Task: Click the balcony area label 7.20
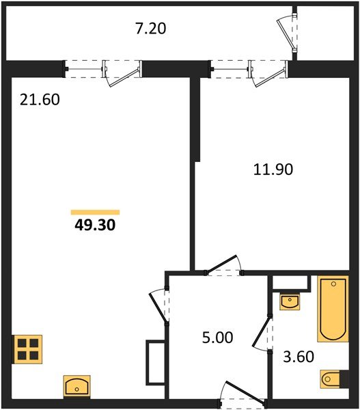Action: (150, 29)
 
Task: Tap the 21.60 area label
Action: (40, 100)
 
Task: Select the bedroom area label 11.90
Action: (273, 169)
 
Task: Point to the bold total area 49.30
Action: (95, 225)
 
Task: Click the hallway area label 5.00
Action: (217, 338)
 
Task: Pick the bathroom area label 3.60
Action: (299, 357)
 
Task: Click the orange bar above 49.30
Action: (95, 212)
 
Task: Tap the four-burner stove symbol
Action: (28, 349)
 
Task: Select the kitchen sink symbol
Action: (77, 385)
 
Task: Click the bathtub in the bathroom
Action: (333, 309)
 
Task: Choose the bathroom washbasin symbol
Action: (290, 301)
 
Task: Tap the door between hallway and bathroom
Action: (262, 332)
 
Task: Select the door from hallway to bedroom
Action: (224, 264)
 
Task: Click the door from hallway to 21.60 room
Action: (158, 306)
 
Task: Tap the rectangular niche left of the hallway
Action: (155, 362)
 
